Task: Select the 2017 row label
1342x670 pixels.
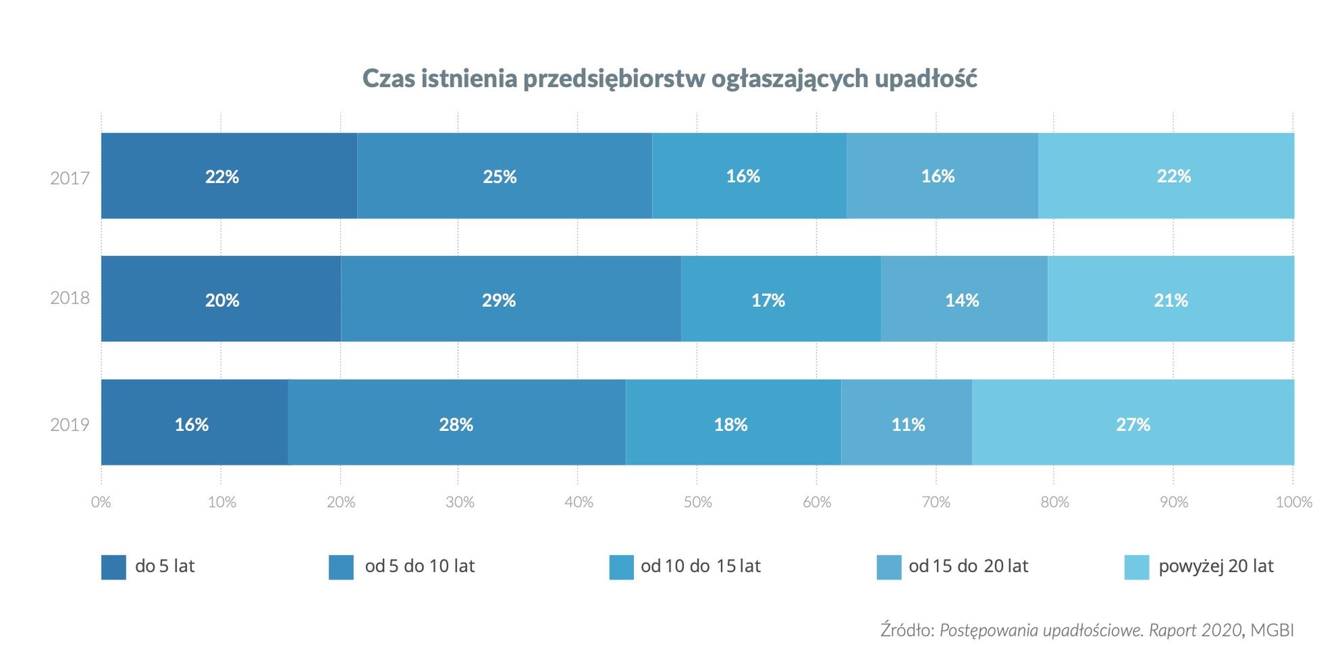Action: point(70,179)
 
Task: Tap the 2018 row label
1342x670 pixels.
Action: point(70,299)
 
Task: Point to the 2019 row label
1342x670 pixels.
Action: point(70,425)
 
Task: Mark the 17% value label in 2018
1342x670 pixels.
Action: point(768,300)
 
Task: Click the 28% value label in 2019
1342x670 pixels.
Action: point(456,425)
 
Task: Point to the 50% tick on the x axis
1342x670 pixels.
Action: point(697,502)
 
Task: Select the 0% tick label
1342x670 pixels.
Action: point(101,502)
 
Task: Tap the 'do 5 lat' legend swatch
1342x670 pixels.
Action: point(113,567)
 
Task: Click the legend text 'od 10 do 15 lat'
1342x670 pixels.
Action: point(701,566)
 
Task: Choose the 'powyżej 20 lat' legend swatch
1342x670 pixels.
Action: point(1136,567)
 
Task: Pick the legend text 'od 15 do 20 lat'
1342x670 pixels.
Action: point(968,566)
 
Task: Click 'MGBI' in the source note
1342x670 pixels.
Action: point(1272,630)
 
